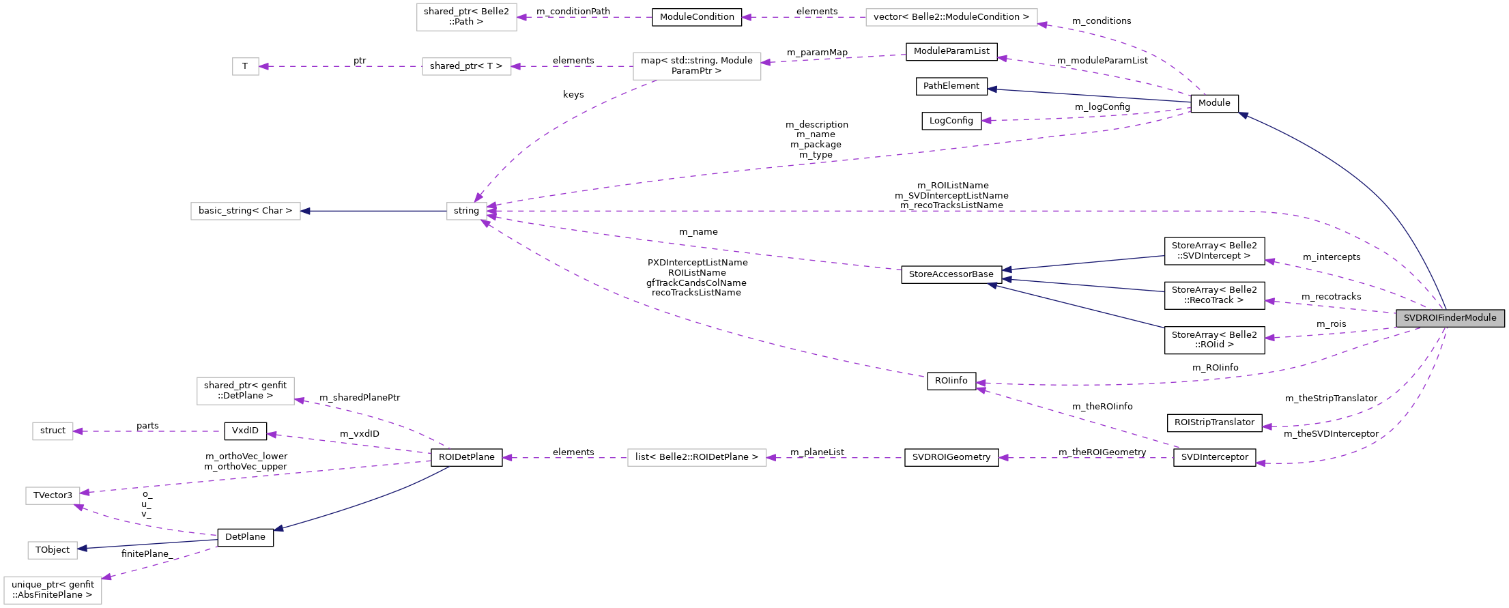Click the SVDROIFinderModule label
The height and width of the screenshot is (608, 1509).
(1450, 318)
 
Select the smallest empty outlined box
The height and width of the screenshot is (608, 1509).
(246, 67)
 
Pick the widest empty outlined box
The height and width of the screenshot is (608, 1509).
(951, 18)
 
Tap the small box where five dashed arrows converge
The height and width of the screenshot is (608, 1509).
(467, 212)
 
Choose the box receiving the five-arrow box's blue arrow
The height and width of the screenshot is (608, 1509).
(246, 212)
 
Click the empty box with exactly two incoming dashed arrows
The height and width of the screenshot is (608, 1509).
(53, 496)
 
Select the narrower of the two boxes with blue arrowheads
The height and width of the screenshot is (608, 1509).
(53, 550)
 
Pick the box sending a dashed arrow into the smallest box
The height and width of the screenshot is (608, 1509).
(467, 67)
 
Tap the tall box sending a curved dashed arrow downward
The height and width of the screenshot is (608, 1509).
(697, 66)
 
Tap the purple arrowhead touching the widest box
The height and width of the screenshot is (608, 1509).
(1043, 25)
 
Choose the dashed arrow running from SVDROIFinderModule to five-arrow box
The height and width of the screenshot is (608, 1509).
(887, 212)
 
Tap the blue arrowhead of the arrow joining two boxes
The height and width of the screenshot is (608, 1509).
(305, 212)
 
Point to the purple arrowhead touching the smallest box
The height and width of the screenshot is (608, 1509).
(264, 67)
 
